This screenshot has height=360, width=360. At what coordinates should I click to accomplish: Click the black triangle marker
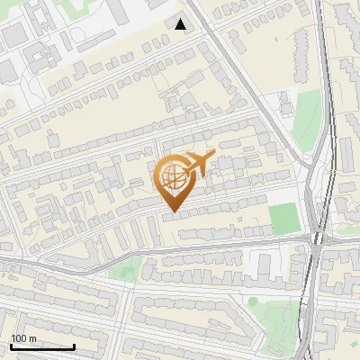point(181,24)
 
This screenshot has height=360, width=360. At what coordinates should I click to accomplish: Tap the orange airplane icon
point(198,164)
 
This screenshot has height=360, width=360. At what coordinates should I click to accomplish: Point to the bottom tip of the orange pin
point(171,211)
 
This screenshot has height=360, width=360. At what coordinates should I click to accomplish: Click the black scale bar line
point(42,346)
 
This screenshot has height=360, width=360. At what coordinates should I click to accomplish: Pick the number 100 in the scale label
point(19,338)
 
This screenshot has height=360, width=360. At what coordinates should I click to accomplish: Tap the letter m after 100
point(31,338)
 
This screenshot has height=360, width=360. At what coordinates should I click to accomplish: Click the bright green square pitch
point(283,216)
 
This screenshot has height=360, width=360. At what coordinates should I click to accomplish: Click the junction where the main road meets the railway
point(317,238)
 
